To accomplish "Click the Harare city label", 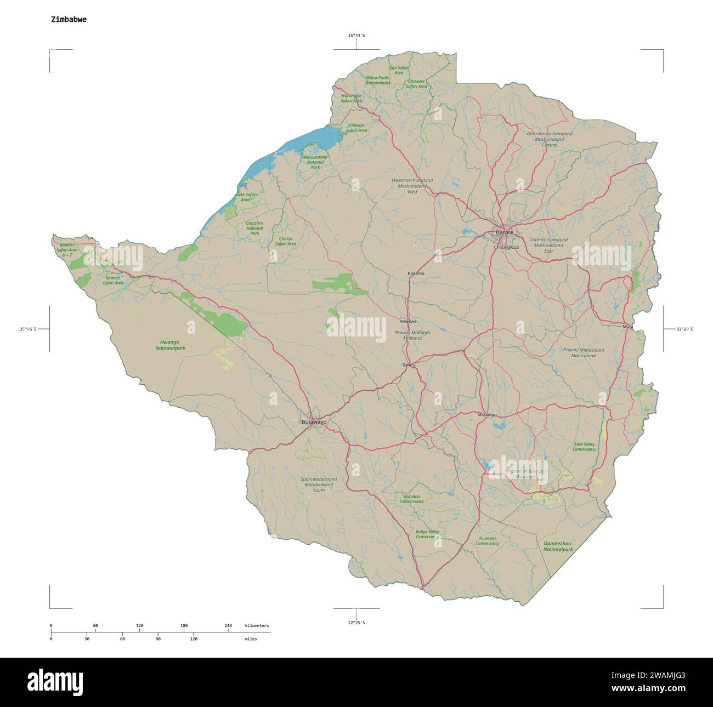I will coord(505,232).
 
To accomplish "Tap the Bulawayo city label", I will coord(314,422).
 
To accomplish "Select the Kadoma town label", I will coord(416,273).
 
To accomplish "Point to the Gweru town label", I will coord(409,364).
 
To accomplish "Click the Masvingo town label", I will coord(486,414).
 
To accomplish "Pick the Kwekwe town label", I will coord(409,321).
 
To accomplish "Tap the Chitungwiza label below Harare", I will coord(506,247).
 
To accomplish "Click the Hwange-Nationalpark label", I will coord(171,345).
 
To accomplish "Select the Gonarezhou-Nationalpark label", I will coord(558,546).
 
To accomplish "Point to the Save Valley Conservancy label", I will coord(584,447).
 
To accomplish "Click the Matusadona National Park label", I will coord(315,162).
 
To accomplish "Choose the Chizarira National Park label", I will coord(254,228).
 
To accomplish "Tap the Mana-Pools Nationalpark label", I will coord(377,81).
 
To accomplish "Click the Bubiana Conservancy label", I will coord(412,499).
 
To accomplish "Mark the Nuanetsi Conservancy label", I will coord(487,540).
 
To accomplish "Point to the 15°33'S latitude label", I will coord(356,36).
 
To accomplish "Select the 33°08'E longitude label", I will coord(684,329).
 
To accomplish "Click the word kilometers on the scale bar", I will coord(257,625).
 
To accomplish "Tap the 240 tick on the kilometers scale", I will coord(228,625).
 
